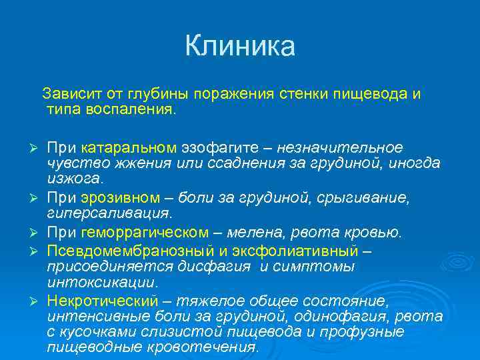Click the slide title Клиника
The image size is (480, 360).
point(239,47)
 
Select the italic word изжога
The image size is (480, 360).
point(74,179)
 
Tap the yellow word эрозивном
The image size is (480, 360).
point(121,197)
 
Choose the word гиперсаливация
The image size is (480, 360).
point(107,213)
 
